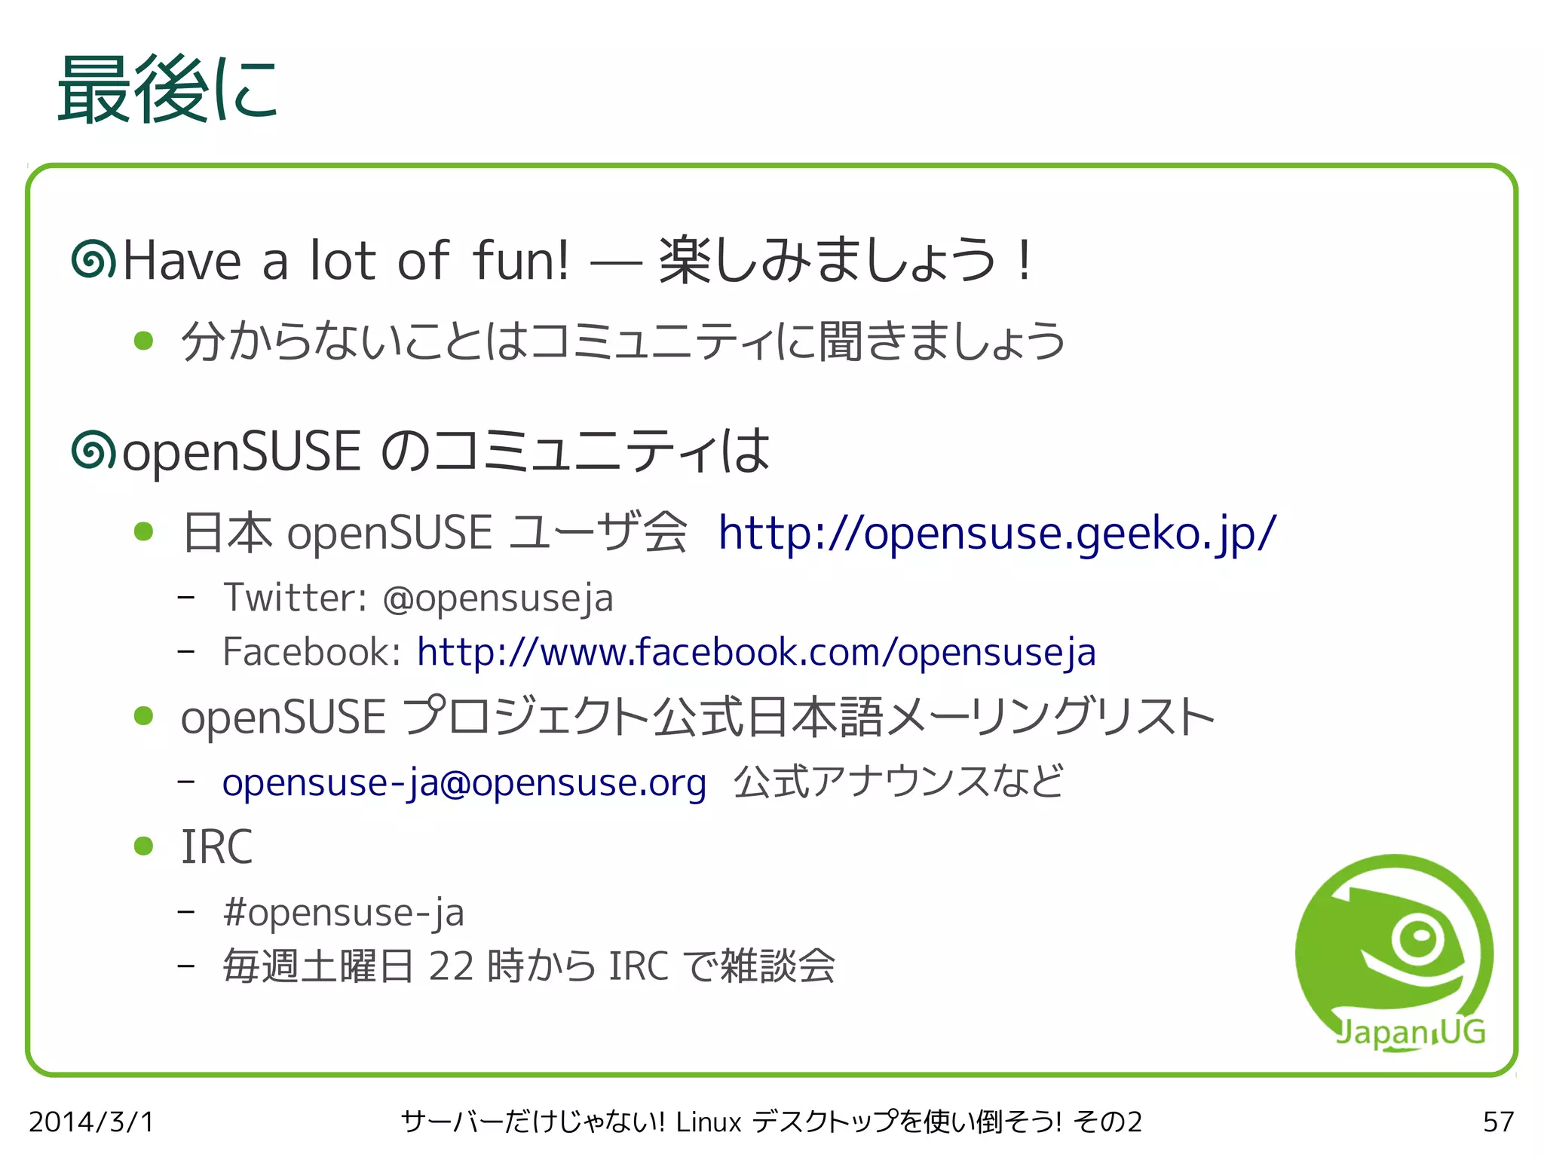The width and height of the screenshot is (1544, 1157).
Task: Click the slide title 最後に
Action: click(x=167, y=90)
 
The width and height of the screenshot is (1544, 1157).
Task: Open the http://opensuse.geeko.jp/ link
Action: click(x=997, y=533)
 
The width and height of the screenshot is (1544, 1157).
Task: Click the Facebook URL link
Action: click(x=756, y=652)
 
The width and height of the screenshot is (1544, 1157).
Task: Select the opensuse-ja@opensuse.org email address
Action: click(x=464, y=782)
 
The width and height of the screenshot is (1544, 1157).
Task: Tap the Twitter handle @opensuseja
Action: click(x=498, y=598)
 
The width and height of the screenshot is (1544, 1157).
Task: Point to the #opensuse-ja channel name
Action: click(x=344, y=913)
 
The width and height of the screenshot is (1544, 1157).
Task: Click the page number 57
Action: click(x=1497, y=1122)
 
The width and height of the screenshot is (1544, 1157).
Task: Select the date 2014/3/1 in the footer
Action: click(x=91, y=1122)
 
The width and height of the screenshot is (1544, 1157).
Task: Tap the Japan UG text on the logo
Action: click(x=1410, y=1032)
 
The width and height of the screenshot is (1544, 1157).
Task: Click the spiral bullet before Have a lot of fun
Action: click(x=93, y=259)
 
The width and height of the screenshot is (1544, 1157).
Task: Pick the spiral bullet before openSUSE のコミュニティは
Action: click(x=93, y=451)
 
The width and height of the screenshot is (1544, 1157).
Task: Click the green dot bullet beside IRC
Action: click(x=143, y=846)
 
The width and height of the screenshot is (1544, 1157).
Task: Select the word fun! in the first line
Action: click(x=521, y=260)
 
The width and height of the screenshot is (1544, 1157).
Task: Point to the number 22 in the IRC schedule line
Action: click(x=452, y=966)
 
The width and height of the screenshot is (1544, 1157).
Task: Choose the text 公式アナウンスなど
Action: click(x=898, y=782)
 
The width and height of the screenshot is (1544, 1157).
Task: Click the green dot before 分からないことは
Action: click(x=143, y=341)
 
